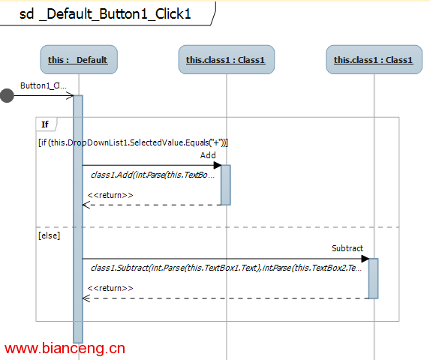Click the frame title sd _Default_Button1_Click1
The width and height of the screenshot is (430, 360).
pyautogui.click(x=105, y=14)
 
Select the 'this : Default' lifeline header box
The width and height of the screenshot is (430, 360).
pyautogui.click(x=79, y=60)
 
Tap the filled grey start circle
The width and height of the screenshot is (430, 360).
pyautogui.click(x=7, y=95)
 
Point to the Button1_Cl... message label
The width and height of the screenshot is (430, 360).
pyautogui.click(x=44, y=85)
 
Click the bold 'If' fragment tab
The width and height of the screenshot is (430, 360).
pyautogui.click(x=45, y=124)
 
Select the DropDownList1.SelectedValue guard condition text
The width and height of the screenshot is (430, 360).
pyautogui.click(x=134, y=142)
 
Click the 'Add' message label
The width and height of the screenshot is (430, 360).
pyautogui.click(x=208, y=155)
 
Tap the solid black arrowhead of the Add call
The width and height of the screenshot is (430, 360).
pyautogui.click(x=218, y=165)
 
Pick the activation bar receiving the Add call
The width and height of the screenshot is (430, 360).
pyautogui.click(x=226, y=185)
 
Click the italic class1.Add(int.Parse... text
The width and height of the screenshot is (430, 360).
pyautogui.click(x=153, y=175)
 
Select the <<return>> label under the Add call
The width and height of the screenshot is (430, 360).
pyautogui.click(x=110, y=195)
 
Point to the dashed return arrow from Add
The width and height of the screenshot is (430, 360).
pyautogui.click(x=152, y=205)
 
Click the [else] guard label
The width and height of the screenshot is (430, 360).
pyautogui.click(x=49, y=235)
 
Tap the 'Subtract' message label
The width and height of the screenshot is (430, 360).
pyautogui.click(x=347, y=248)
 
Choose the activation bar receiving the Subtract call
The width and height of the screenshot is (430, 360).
pyautogui.click(x=373, y=278)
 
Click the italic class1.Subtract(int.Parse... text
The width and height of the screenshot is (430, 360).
pyautogui.click(x=226, y=268)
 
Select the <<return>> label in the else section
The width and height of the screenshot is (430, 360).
pyautogui.click(x=110, y=288)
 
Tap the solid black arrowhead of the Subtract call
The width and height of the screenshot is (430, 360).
pyautogui.click(x=365, y=259)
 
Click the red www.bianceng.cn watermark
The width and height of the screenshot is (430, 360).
pyautogui.click(x=65, y=349)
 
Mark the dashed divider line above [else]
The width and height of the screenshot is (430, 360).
pyautogui.click(x=218, y=227)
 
